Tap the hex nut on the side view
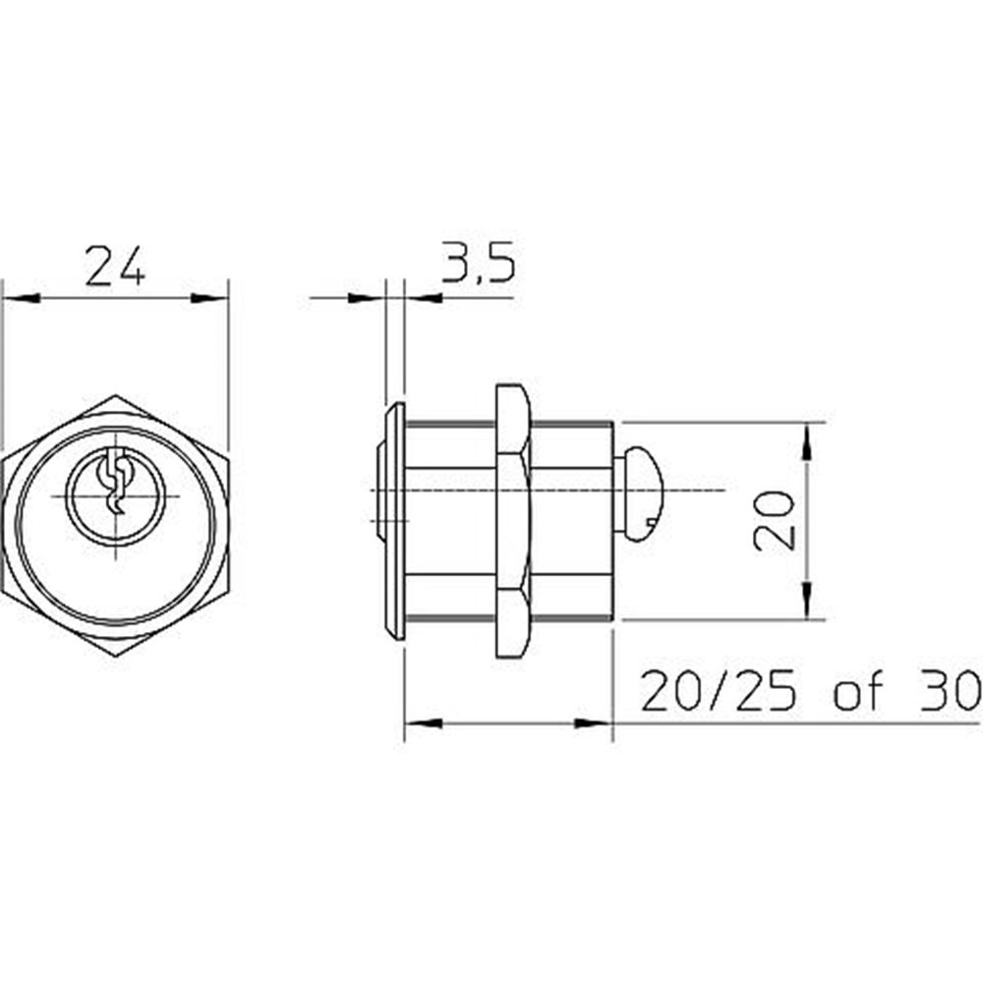[x=512, y=521]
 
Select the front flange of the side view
[x=394, y=521]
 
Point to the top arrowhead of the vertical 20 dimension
[x=807, y=441]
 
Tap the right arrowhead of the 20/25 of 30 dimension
[x=594, y=723]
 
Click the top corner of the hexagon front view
[x=115, y=397]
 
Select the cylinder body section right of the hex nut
[x=572, y=521]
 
